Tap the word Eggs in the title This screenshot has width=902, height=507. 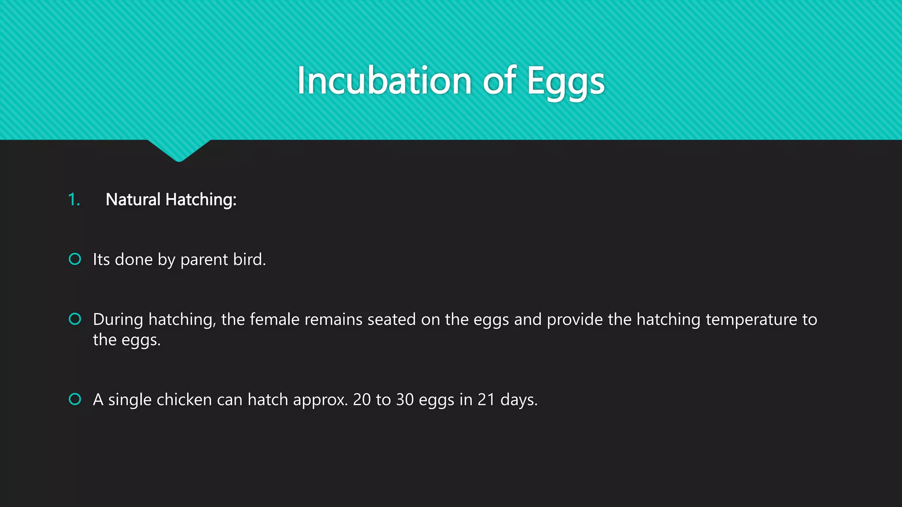point(566,82)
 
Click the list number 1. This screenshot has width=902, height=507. point(74,200)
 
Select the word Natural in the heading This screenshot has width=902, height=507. point(133,200)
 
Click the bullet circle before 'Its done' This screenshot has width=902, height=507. point(75,259)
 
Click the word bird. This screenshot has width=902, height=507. point(249,259)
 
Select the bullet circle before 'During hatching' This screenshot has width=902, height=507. point(75,319)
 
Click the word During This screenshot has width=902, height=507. point(118,320)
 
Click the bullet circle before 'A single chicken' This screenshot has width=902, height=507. point(75,399)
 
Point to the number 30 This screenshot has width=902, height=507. point(405,400)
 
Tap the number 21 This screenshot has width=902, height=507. point(486,400)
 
